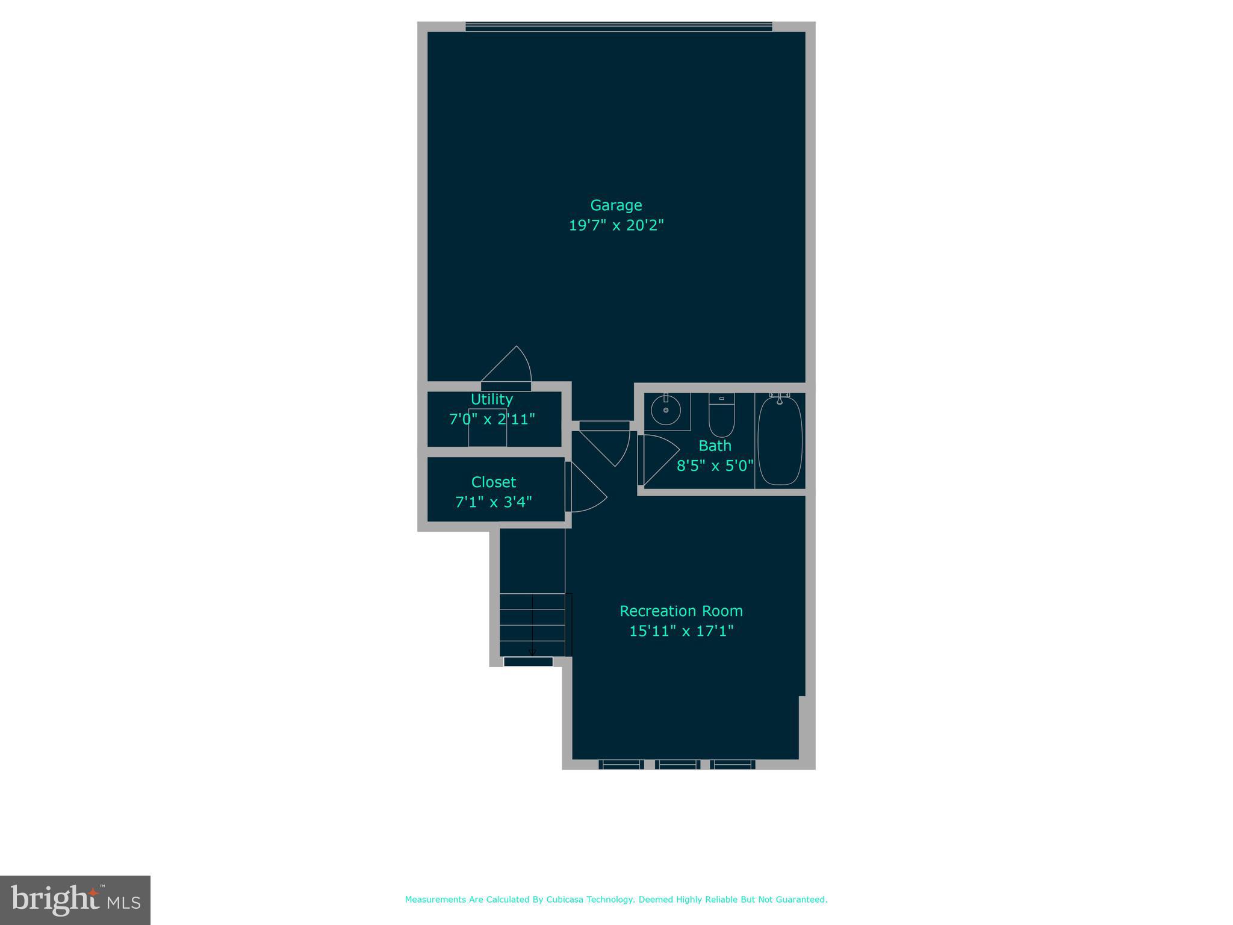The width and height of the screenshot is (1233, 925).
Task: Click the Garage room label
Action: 616,205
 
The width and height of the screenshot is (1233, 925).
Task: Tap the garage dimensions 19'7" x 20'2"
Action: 616,225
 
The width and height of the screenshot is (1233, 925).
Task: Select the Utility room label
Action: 492,399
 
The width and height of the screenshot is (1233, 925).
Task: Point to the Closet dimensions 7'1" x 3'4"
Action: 494,502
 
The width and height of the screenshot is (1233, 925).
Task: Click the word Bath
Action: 715,446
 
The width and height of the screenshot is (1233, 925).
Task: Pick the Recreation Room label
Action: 681,611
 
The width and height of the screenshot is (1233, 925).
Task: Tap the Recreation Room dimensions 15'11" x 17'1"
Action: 681,631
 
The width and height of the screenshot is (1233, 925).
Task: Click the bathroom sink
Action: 666,410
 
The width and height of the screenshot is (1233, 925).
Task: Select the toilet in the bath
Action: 721,415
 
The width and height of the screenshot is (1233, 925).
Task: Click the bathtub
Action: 780,440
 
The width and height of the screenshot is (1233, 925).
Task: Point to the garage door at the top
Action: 618,26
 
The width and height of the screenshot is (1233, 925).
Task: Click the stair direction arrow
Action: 532,626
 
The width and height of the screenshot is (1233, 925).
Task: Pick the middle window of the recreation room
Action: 677,764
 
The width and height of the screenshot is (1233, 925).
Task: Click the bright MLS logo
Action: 75,900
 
